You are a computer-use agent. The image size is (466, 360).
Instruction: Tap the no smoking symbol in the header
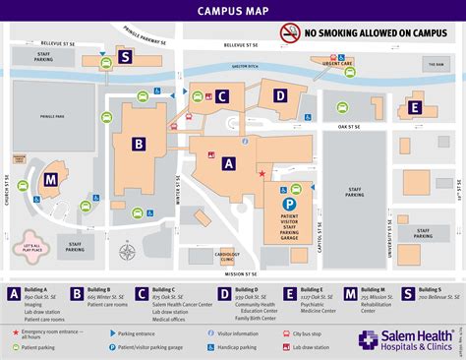(290, 31)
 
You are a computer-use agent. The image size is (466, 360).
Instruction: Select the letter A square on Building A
(229, 164)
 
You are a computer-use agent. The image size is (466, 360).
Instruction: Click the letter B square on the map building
(139, 145)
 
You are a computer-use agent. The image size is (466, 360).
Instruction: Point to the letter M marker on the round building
(50, 180)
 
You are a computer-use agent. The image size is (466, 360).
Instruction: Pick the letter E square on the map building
(415, 108)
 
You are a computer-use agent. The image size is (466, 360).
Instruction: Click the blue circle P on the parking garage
(289, 205)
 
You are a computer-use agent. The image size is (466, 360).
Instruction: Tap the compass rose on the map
(126, 251)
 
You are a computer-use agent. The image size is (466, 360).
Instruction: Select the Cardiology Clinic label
(225, 251)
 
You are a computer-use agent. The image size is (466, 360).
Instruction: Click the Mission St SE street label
(240, 273)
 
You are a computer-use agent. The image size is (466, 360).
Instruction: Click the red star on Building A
(262, 174)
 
